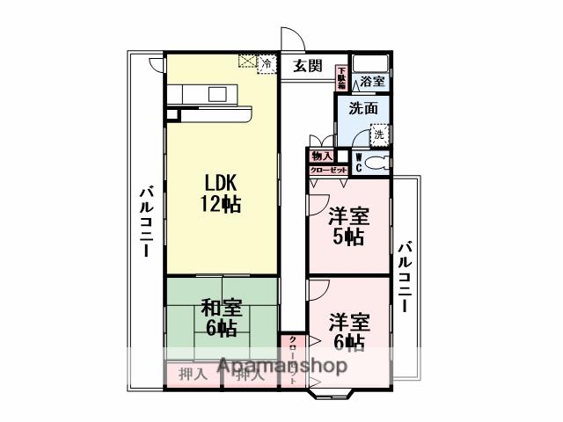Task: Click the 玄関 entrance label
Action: tap(308, 66)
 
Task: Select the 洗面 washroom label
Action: tap(362, 110)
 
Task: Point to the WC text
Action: tap(359, 163)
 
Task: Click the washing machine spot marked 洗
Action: tap(378, 136)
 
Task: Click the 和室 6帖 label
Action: tap(219, 318)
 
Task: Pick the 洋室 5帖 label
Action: tap(347, 226)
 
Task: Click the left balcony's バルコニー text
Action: tap(143, 222)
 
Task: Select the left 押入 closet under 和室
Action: tap(193, 374)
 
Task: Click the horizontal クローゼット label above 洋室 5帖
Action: tap(327, 170)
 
